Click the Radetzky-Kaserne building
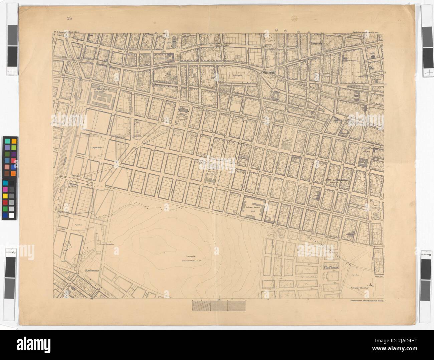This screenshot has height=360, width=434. (x=255, y=208)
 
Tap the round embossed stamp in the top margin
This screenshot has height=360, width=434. (x=295, y=19)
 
